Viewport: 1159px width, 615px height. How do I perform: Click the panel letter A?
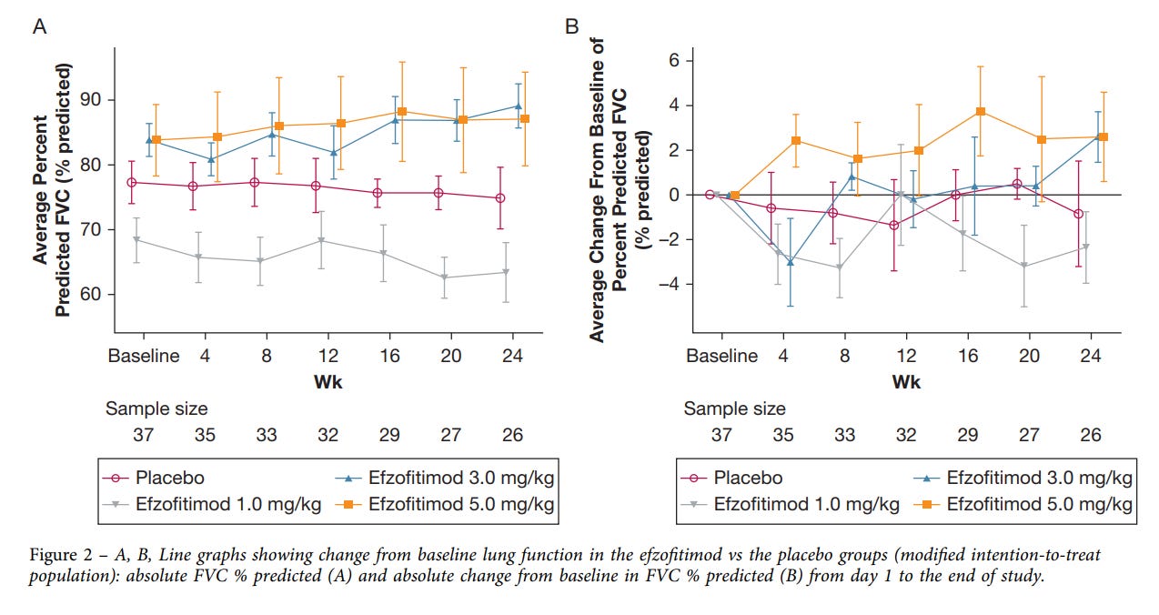click(x=40, y=26)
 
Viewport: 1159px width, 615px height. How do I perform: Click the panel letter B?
click(x=572, y=26)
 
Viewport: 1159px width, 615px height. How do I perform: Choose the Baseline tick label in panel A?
click(x=145, y=355)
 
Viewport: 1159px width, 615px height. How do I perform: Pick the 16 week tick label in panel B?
click(x=968, y=355)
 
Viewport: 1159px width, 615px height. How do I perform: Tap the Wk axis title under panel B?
click(x=906, y=382)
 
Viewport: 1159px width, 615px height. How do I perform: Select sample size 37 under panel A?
click(x=144, y=435)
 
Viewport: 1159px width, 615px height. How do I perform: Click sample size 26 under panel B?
click(x=1091, y=435)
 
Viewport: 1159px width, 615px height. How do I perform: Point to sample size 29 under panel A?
click(x=389, y=435)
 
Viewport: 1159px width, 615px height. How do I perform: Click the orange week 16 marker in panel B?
click(x=981, y=111)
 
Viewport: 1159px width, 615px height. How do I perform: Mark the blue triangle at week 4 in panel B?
click(x=791, y=262)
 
